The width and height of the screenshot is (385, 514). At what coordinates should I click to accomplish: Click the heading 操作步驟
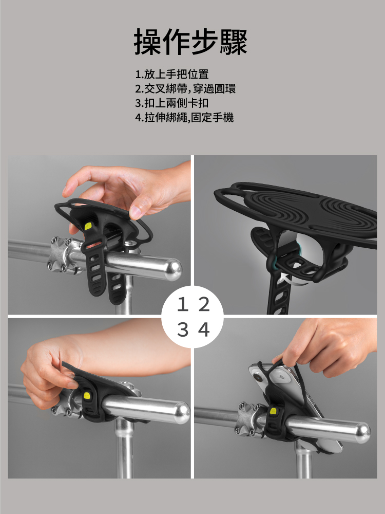(x=190, y=42)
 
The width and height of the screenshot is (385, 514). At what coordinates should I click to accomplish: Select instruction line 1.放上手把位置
(x=172, y=75)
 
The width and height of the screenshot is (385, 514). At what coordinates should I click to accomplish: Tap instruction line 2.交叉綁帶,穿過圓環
(x=185, y=89)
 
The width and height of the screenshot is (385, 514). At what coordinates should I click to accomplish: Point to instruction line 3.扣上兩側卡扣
(x=172, y=103)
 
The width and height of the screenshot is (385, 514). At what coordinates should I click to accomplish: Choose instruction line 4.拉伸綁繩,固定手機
(x=184, y=117)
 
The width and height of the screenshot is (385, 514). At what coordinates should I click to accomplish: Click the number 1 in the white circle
(x=183, y=305)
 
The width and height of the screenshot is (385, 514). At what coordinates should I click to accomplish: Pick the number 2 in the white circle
(x=204, y=305)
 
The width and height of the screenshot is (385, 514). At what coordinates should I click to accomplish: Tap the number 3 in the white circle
(x=183, y=330)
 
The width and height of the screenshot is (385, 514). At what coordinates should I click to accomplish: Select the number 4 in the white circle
(x=204, y=330)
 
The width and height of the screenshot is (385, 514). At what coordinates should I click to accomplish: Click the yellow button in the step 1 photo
(x=88, y=226)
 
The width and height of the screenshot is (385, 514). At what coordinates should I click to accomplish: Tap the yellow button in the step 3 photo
(x=87, y=395)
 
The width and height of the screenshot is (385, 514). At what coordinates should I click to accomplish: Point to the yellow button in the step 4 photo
(x=273, y=411)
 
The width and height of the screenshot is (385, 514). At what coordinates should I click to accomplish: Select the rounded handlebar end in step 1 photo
(x=172, y=269)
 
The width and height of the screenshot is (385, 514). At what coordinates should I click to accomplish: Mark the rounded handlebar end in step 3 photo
(x=181, y=413)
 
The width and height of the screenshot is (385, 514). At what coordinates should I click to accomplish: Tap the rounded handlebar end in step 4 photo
(x=362, y=433)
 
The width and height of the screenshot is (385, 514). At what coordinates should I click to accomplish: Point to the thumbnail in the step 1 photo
(x=135, y=212)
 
